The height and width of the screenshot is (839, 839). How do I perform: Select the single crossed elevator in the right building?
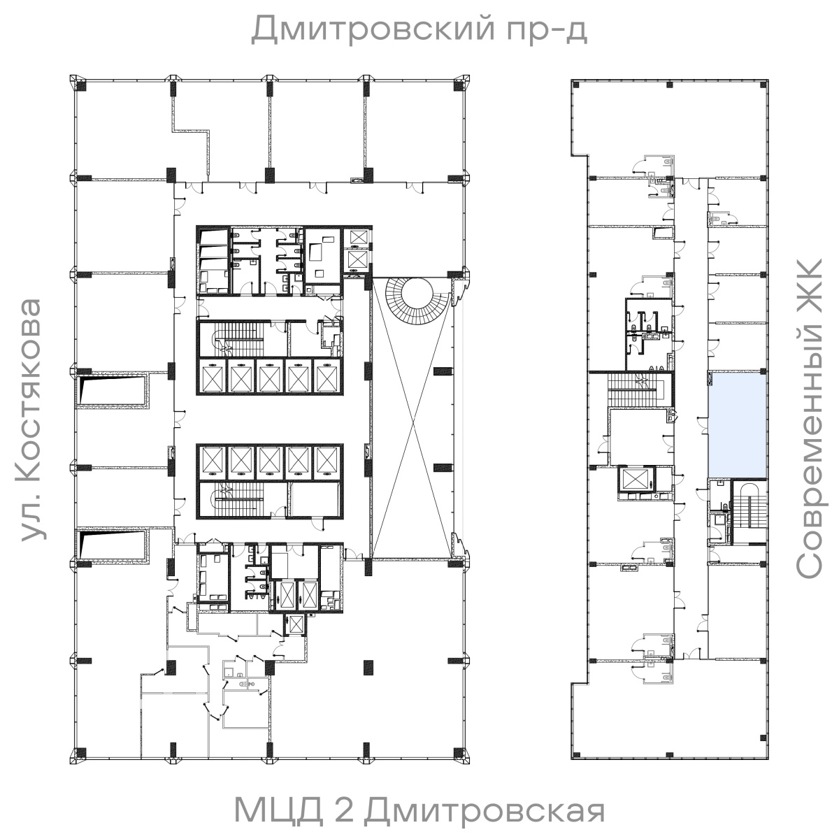634,482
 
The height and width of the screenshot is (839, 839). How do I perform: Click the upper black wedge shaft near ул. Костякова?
112,390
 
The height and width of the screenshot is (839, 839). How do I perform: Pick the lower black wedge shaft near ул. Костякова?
112,546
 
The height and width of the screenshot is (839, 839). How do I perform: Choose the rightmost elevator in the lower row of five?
326,461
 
